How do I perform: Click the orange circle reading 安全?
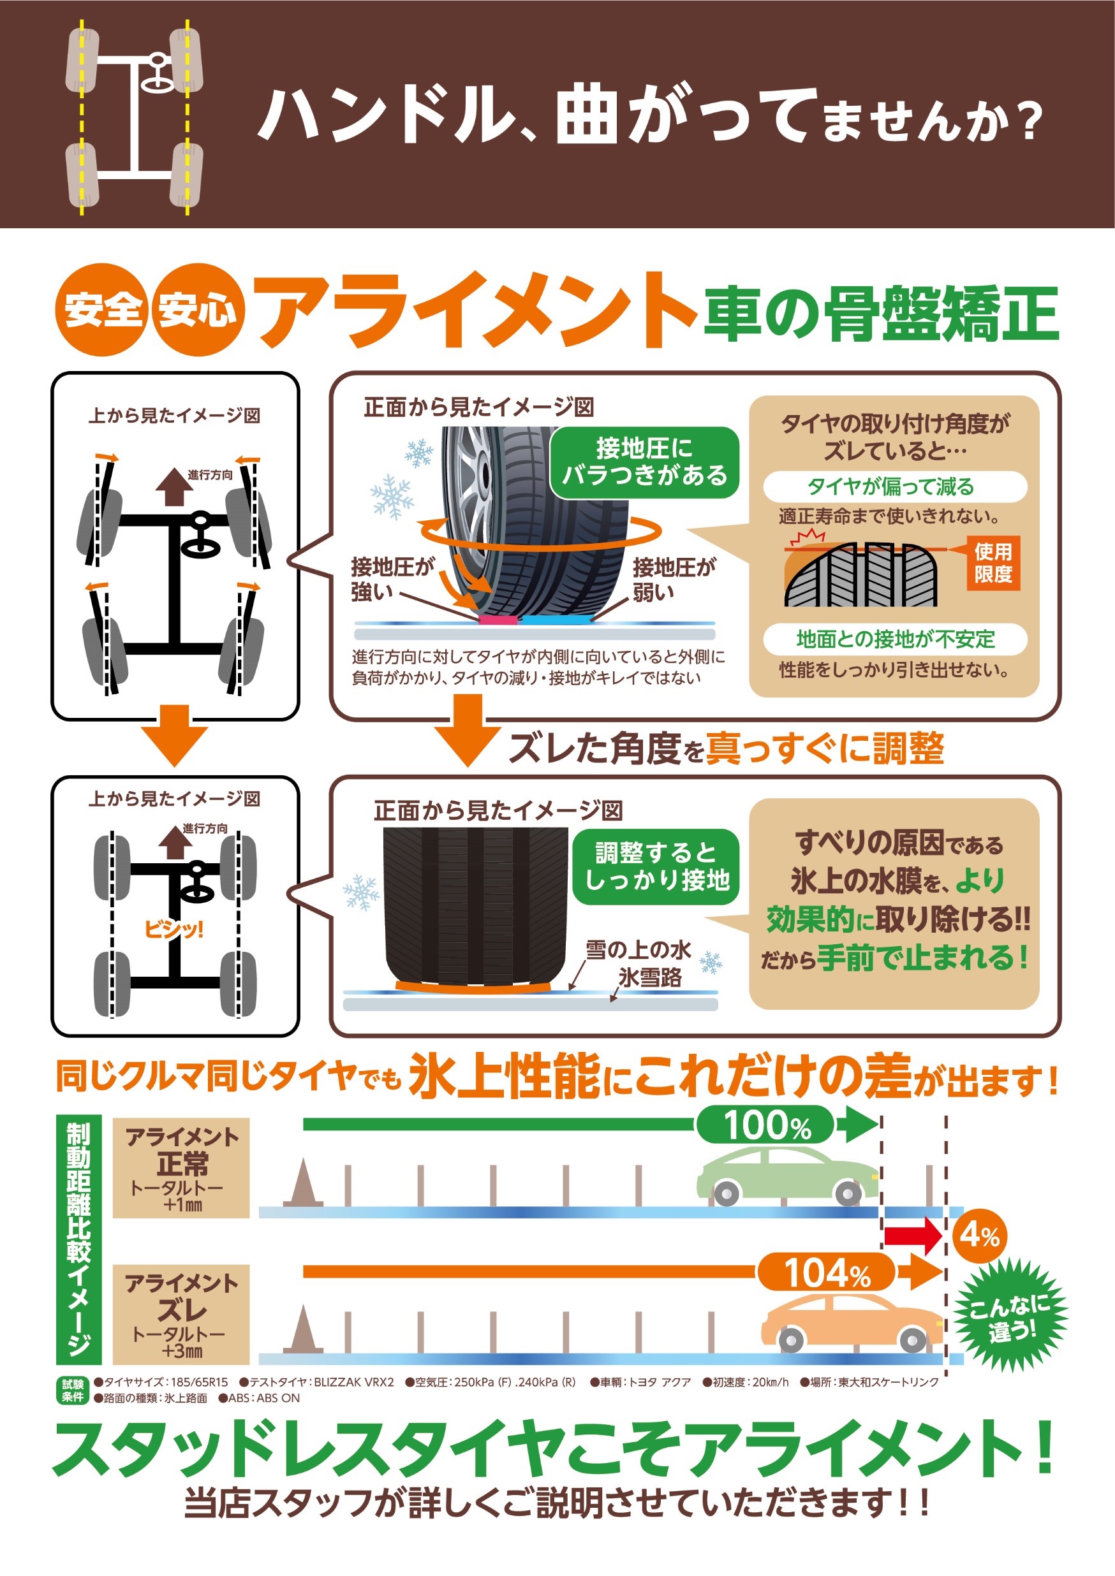pos(101,310)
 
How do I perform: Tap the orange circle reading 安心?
pos(198,310)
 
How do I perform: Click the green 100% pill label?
pos(765,1125)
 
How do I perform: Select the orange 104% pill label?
pos(826,1273)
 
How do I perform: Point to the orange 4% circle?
pos(980,1236)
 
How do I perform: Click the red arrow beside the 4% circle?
pos(912,1236)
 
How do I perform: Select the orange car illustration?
pos(852,1322)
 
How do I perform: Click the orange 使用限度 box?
pos(993,562)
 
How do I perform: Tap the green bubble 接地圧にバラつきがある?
pos(644,462)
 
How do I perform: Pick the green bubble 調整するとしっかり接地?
pos(656,866)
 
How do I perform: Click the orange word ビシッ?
pos(174,930)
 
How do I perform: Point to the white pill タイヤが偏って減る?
pos(894,486)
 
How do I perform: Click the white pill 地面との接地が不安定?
pos(894,639)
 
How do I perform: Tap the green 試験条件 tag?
pos(73,1390)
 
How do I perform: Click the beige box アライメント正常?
pos(181,1167)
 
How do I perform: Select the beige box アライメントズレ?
pos(181,1314)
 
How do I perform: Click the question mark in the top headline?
pos(1028,124)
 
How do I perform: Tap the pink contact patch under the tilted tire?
pos(498,620)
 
